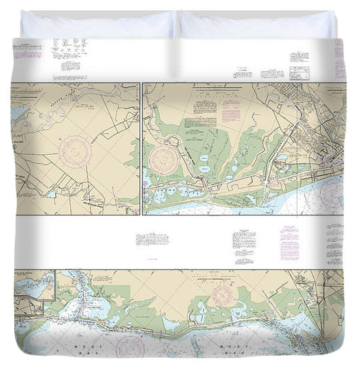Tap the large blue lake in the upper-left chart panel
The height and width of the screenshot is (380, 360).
[x=17, y=114]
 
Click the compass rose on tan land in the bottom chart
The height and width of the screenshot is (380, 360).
[x=221, y=295]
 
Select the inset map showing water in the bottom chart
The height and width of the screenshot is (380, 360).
[x=34, y=285]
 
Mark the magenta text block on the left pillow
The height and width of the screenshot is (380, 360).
[x=27, y=50]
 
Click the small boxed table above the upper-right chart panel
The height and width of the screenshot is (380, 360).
[x=299, y=72]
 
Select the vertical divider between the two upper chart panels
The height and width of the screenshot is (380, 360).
[x=141, y=149]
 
